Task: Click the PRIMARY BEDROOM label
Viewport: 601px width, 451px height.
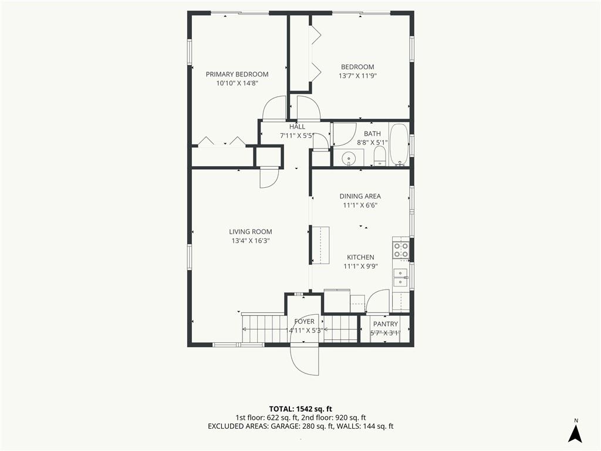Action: coord(237,75)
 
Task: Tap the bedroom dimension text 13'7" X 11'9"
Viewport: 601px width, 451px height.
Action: coord(357,76)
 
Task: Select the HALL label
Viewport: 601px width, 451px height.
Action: coord(298,127)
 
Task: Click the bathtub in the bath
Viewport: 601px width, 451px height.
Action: coord(399,144)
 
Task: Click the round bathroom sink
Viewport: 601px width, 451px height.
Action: coord(349,157)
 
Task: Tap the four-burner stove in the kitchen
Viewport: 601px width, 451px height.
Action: coord(401,250)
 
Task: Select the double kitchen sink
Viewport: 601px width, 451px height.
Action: coord(400,277)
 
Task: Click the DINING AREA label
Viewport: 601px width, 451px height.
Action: coord(360,196)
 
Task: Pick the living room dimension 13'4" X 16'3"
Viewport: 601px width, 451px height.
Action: coord(251,241)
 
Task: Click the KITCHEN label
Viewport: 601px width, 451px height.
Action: coord(361,257)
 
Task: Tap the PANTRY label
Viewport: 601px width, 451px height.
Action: coord(386,324)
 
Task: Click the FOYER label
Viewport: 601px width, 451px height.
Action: coord(305,321)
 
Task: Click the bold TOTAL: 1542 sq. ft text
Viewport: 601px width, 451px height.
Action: coord(298,409)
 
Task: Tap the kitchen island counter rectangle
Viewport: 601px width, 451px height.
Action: coord(321,245)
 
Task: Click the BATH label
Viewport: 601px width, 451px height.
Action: coord(372,133)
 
